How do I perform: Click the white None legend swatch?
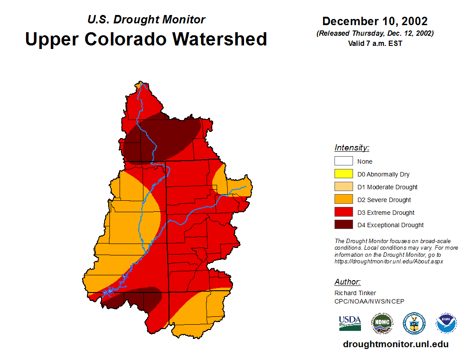[343, 161]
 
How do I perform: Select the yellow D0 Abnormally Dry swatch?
[343, 174]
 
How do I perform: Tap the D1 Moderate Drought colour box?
[343, 187]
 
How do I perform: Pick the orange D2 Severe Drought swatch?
[343, 200]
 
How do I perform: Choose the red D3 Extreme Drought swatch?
[343, 213]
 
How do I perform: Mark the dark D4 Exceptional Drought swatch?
[343, 225]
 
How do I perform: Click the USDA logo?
[350, 323]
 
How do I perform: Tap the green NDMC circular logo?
[382, 323]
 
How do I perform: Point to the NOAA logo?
[446, 323]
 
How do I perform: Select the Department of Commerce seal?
[414, 323]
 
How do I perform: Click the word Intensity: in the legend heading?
[352, 148]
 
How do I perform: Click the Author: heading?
[347, 282]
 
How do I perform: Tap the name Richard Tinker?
[355, 293]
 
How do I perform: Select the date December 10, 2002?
[375, 21]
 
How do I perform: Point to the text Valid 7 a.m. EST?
[375, 43]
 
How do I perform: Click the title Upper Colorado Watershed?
[146, 39]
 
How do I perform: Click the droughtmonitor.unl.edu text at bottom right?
[395, 344]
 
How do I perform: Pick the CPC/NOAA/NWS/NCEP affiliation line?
[369, 301]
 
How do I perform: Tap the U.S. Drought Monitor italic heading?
[146, 19]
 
